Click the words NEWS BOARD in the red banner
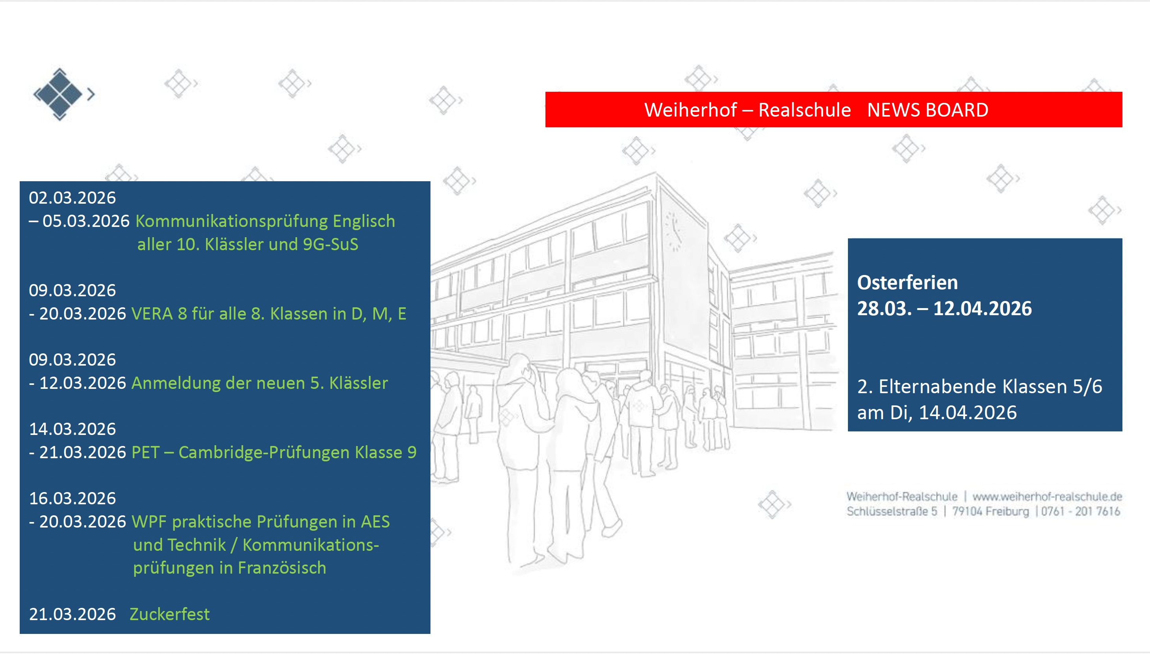pos(927,110)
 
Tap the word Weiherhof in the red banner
pos(690,110)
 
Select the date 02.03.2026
pos(72,198)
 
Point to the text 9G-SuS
pos(330,244)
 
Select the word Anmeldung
pos(176,383)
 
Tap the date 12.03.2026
pos(83,383)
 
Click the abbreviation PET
pos(145,452)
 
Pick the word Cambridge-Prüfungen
pos(263,453)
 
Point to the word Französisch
pos(282,568)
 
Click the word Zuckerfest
pos(169,615)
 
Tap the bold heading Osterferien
pos(907,282)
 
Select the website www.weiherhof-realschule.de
pos(1047,496)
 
